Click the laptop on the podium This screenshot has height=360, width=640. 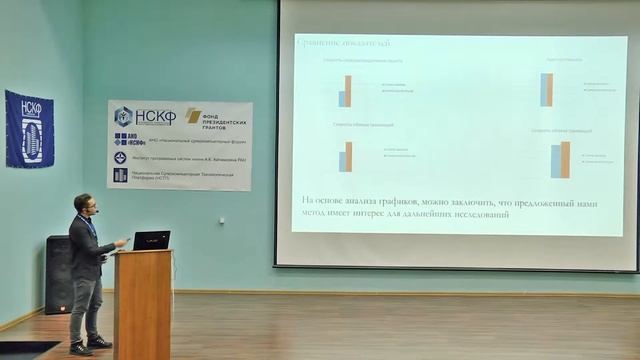pyautogui.click(x=151, y=240)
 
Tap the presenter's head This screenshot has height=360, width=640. pyautogui.click(x=83, y=204)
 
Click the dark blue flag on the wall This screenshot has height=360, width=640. pyautogui.click(x=29, y=128)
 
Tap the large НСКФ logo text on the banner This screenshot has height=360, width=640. pyautogui.click(x=155, y=116)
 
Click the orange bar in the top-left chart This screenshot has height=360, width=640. pyautogui.click(x=348, y=91)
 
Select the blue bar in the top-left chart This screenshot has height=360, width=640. pyautogui.click(x=342, y=98)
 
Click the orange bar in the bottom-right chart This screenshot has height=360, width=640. pyautogui.click(x=565, y=160)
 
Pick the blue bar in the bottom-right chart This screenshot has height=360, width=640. pyautogui.click(x=556, y=162)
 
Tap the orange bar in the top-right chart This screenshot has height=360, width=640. pyautogui.click(x=549, y=90)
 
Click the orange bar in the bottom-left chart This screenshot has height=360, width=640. pyautogui.click(x=349, y=157)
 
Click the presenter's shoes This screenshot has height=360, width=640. pyautogui.click(x=89, y=345)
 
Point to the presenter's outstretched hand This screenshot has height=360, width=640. pyautogui.click(x=121, y=242)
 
